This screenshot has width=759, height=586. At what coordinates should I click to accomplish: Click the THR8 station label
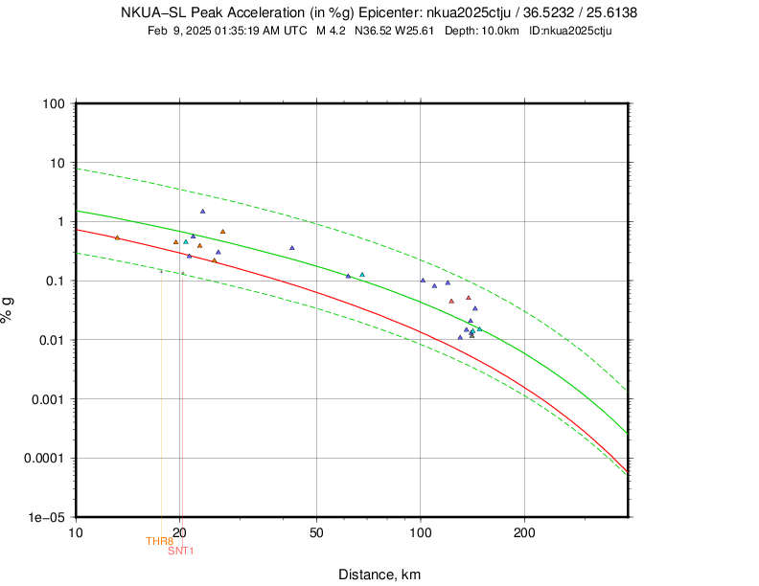pyautogui.click(x=159, y=542)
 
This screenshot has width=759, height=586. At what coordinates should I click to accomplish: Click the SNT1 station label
pyautogui.click(x=181, y=551)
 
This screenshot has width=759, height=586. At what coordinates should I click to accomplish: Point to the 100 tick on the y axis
pyautogui.click(x=52, y=103)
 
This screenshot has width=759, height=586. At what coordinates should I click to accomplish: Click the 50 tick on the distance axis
pyautogui.click(x=316, y=531)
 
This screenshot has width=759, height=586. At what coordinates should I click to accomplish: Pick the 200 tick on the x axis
pyautogui.click(x=524, y=531)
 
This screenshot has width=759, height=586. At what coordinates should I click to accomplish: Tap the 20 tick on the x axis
pyautogui.click(x=180, y=531)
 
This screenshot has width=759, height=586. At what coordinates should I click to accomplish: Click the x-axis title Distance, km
pyautogui.click(x=379, y=575)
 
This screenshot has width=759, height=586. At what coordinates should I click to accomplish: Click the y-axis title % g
pyautogui.click(x=9, y=309)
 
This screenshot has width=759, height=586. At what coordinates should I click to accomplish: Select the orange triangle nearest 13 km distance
pyautogui.click(x=117, y=237)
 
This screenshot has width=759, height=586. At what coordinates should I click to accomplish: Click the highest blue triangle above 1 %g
pyautogui.click(x=202, y=212)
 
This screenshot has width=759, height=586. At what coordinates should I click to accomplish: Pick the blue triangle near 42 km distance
pyautogui.click(x=292, y=248)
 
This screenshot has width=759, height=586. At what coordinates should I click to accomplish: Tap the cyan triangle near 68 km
pyautogui.click(x=362, y=275)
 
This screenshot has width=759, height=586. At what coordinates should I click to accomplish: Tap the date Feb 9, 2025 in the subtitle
pyautogui.click(x=182, y=31)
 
